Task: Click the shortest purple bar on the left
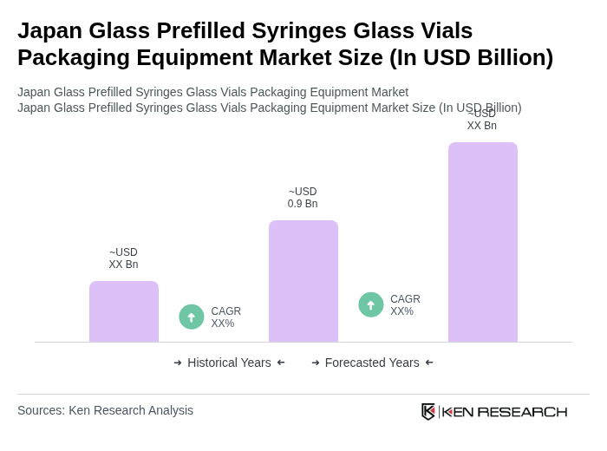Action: [124, 311]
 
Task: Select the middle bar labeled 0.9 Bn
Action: [303, 281]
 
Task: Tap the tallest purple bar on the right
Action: [483, 242]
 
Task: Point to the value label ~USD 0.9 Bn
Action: [303, 198]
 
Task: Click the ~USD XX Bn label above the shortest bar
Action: [123, 258]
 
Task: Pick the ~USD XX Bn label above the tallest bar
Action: [482, 120]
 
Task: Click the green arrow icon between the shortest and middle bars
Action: [192, 317]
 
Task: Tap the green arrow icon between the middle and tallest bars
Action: [371, 304]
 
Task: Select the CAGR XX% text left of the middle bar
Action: [225, 317]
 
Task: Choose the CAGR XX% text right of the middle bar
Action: [405, 305]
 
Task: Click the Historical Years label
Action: [229, 363]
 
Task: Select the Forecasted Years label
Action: [372, 363]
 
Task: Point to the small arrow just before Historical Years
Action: [178, 363]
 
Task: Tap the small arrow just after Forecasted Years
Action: [429, 363]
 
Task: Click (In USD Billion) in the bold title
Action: [471, 57]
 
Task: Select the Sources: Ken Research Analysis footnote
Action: [105, 410]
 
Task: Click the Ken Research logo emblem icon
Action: [428, 411]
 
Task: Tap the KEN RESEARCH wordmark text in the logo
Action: [505, 411]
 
